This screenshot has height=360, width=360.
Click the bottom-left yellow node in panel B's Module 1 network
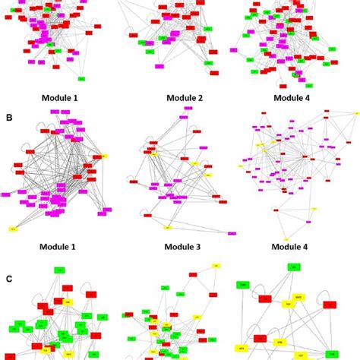[13, 229]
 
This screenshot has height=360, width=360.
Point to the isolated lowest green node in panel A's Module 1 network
[81, 79]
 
